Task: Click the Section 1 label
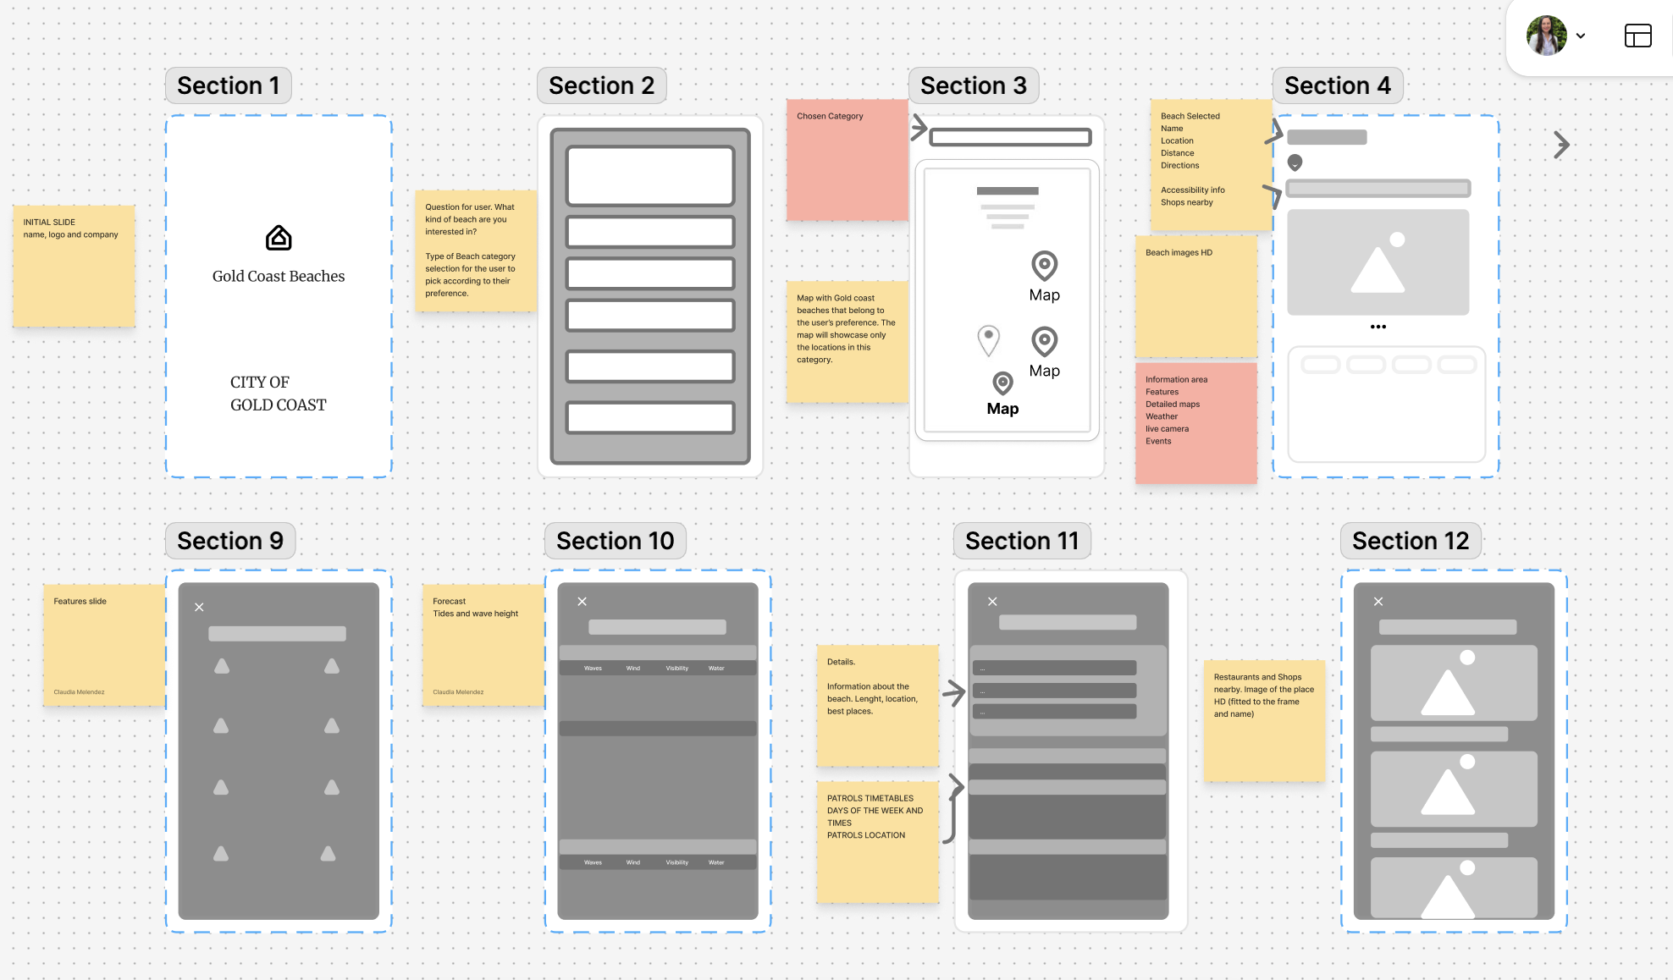coord(228,85)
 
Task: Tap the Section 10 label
coord(615,541)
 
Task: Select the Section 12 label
coord(1410,541)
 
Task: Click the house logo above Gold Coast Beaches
coord(279,239)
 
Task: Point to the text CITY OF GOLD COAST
coord(278,394)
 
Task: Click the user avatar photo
coord(1546,36)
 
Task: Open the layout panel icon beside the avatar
coord(1637,36)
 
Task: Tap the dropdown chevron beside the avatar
coord(1581,36)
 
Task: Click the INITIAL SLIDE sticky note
coord(74,266)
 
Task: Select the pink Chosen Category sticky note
coord(847,160)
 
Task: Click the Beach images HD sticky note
coord(1195,296)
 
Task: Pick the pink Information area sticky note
coord(1195,423)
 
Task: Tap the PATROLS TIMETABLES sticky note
coord(877,842)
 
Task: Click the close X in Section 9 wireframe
coord(199,607)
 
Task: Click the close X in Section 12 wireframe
coord(1378,602)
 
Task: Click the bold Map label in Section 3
coord(1002,409)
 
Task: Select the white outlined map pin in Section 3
coord(988,340)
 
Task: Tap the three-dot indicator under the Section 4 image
coord(1378,327)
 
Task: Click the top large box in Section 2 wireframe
coord(650,176)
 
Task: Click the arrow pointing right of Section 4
coord(1562,145)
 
